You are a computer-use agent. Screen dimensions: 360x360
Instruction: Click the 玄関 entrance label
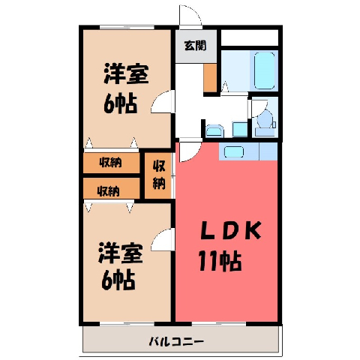195,46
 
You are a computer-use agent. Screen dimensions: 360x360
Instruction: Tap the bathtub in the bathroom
265,70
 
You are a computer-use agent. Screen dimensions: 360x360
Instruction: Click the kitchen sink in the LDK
234,151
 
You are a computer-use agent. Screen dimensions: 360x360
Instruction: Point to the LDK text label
231,229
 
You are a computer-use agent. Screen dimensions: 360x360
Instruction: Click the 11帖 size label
220,261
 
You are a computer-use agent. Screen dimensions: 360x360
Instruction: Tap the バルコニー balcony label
176,341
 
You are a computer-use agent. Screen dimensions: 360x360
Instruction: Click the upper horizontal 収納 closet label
110,163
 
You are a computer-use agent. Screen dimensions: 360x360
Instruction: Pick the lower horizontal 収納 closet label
108,191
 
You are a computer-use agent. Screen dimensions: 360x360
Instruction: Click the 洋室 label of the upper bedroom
126,73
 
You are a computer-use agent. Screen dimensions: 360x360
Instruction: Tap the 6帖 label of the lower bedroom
118,280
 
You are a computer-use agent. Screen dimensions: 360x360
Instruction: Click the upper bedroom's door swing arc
157,97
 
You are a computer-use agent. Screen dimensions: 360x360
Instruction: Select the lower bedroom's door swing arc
157,235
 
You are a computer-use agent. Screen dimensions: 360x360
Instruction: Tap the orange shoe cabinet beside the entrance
210,77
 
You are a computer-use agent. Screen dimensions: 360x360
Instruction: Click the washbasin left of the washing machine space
214,130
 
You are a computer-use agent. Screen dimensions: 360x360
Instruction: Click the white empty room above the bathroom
250,37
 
